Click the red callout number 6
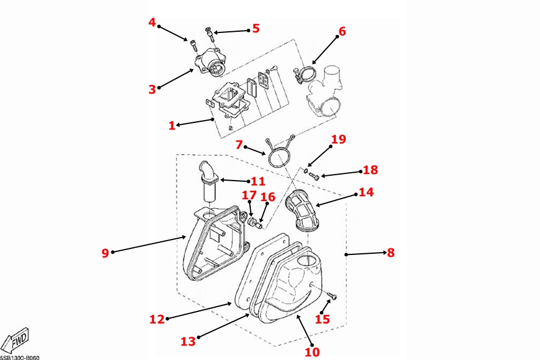342,31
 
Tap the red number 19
338,140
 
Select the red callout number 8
391,253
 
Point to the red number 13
188,341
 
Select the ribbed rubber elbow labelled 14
304,210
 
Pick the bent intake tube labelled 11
209,183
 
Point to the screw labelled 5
209,31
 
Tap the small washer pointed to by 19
305,170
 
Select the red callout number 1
172,125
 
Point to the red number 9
105,253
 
